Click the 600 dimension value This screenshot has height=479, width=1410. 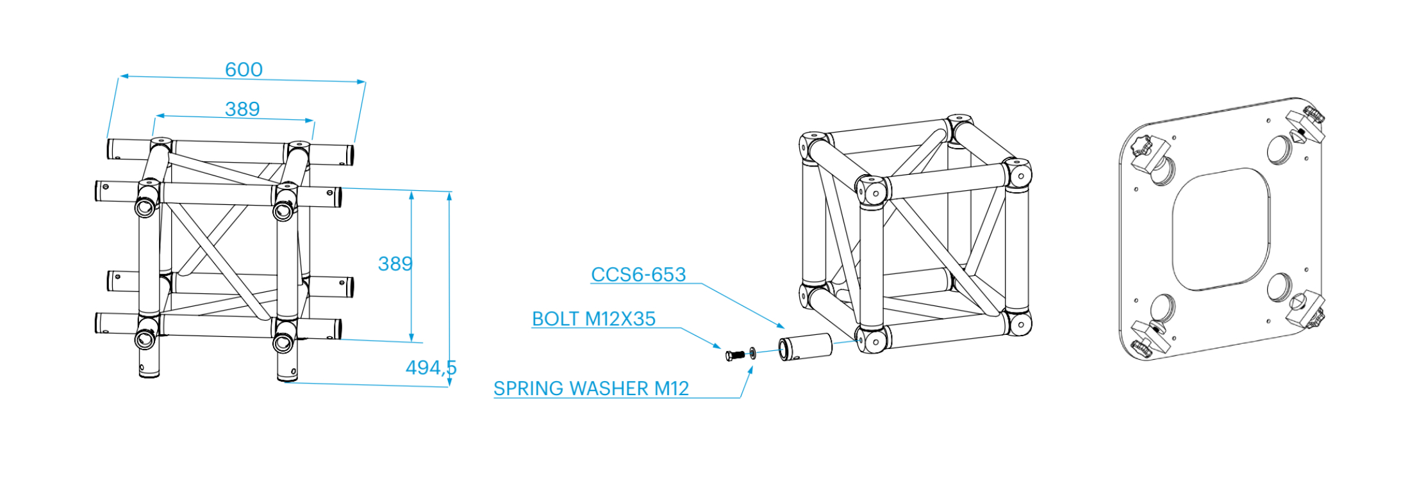[244, 69]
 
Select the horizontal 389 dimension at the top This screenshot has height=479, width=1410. [242, 109]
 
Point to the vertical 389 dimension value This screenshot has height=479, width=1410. [395, 264]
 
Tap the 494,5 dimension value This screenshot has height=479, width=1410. [431, 368]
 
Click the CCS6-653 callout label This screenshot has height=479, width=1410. [638, 275]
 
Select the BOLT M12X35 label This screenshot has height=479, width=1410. [593, 319]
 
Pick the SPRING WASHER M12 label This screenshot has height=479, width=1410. [591, 389]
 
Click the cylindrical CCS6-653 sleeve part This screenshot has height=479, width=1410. [805, 347]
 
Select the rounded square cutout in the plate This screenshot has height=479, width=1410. [1220, 229]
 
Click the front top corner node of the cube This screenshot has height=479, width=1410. [872, 190]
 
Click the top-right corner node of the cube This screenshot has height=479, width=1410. [1018, 173]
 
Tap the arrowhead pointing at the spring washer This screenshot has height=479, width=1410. [751, 369]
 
